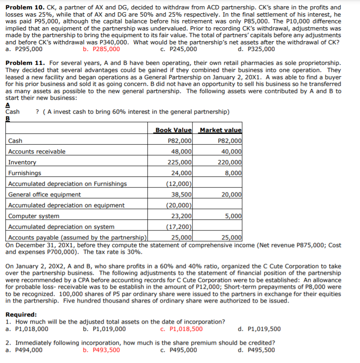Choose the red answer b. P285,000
102,49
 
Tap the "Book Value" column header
173,130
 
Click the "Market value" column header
220,130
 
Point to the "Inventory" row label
22,162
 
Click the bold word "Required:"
21,315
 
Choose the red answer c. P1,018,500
181,329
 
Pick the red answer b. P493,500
102,350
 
